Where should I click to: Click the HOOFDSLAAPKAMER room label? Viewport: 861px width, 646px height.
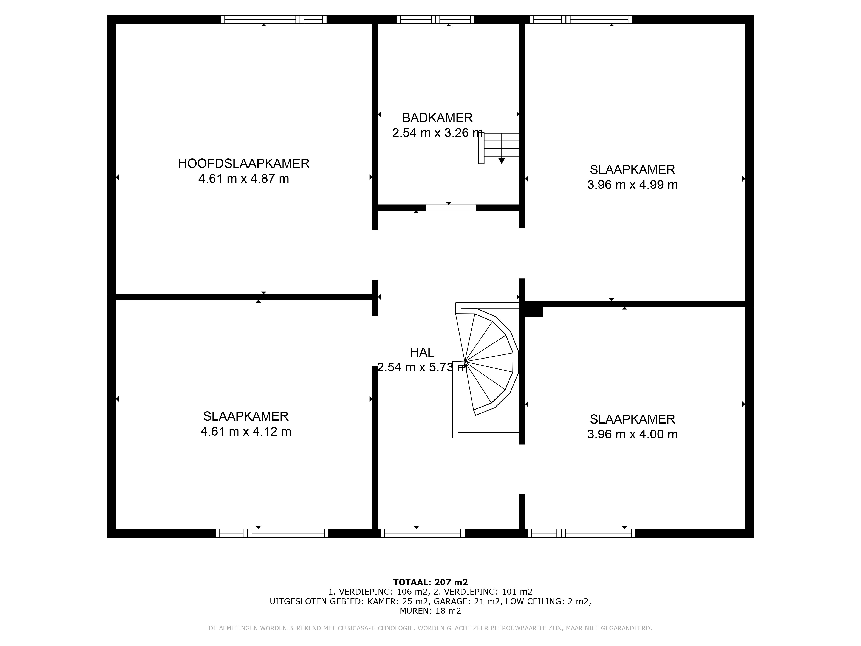pos(244,163)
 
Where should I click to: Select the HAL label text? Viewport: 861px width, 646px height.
pos(422,353)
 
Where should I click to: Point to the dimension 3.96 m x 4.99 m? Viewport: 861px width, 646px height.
pos(633,185)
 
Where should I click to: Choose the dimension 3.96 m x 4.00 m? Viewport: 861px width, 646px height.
pos(633,434)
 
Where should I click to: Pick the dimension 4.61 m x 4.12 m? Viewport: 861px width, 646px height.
pos(246,432)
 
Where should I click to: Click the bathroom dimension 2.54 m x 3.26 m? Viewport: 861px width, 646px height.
pos(438,133)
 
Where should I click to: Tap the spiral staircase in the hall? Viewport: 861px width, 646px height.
pos(486,370)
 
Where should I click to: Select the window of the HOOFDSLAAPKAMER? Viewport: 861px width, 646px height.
pos(274,19)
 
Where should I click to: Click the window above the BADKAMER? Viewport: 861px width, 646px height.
pos(436,19)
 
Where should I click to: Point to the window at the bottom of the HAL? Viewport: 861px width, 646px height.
pos(422,533)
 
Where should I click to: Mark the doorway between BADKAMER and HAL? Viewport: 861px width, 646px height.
pos(451,208)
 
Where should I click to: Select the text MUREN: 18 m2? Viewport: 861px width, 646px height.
pos(430,611)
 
